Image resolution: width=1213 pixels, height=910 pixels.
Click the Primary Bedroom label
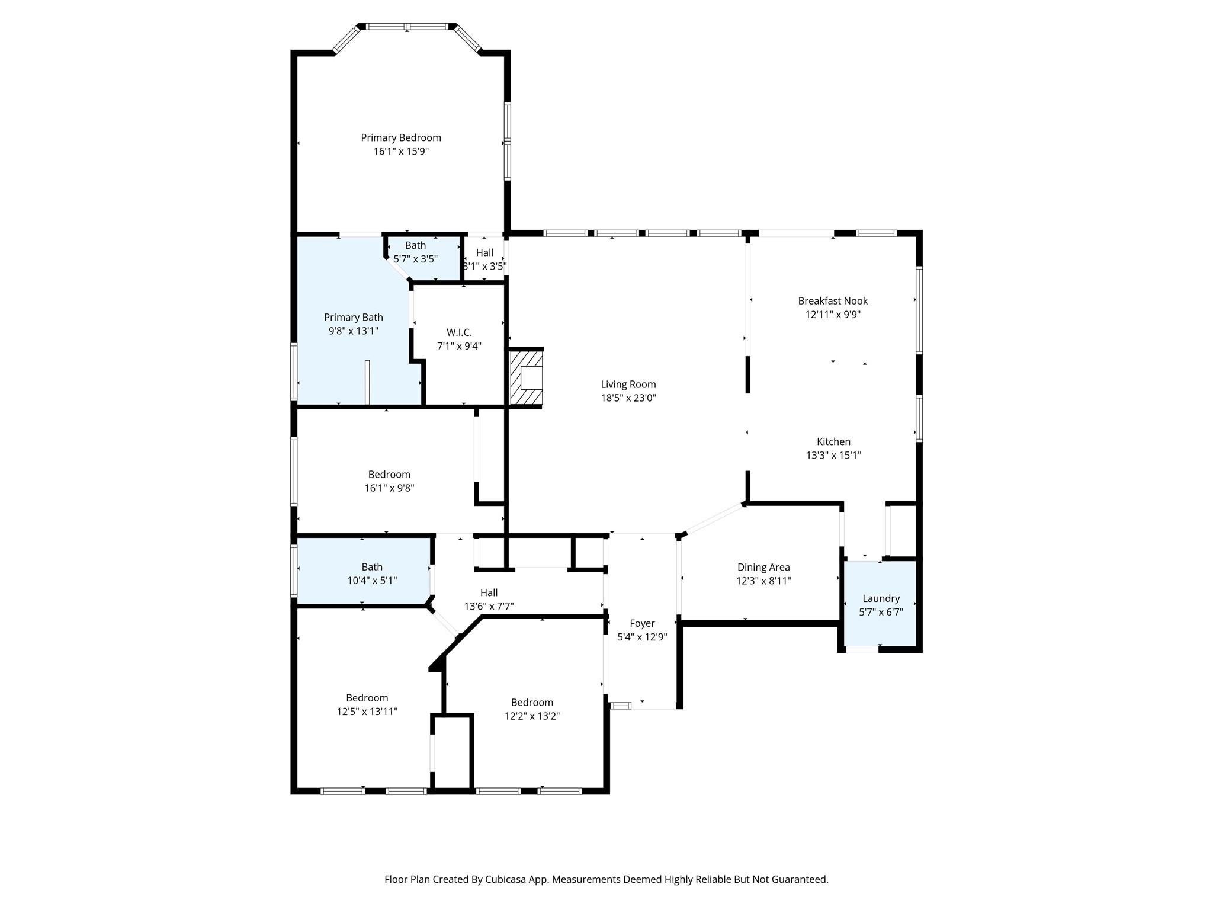(x=401, y=138)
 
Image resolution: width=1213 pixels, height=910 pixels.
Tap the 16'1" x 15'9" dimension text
(x=401, y=152)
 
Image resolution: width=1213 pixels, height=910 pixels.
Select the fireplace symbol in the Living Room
(x=526, y=377)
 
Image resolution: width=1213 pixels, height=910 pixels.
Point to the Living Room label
(x=628, y=384)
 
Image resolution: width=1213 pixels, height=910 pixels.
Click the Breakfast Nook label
(x=833, y=301)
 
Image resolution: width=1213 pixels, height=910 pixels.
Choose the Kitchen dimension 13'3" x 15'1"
(x=833, y=456)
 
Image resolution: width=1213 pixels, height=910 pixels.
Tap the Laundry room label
(x=881, y=599)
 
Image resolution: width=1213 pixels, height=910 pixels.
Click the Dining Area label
(x=763, y=568)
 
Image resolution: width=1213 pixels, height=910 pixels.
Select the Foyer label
(x=642, y=624)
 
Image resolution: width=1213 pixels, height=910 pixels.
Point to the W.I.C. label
(x=459, y=333)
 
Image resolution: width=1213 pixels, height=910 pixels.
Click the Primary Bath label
(x=354, y=318)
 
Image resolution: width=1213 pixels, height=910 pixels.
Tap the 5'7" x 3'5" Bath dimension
(x=416, y=259)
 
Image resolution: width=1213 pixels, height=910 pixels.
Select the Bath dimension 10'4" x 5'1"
(x=372, y=581)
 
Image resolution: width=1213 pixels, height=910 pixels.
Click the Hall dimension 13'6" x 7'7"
(x=489, y=607)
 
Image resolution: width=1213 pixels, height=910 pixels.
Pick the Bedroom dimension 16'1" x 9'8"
(x=389, y=488)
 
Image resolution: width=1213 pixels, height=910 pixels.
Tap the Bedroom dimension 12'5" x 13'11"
(x=367, y=712)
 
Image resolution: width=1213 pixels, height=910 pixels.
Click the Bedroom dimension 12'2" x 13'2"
(x=532, y=716)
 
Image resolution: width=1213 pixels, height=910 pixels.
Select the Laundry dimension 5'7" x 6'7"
(x=881, y=613)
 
